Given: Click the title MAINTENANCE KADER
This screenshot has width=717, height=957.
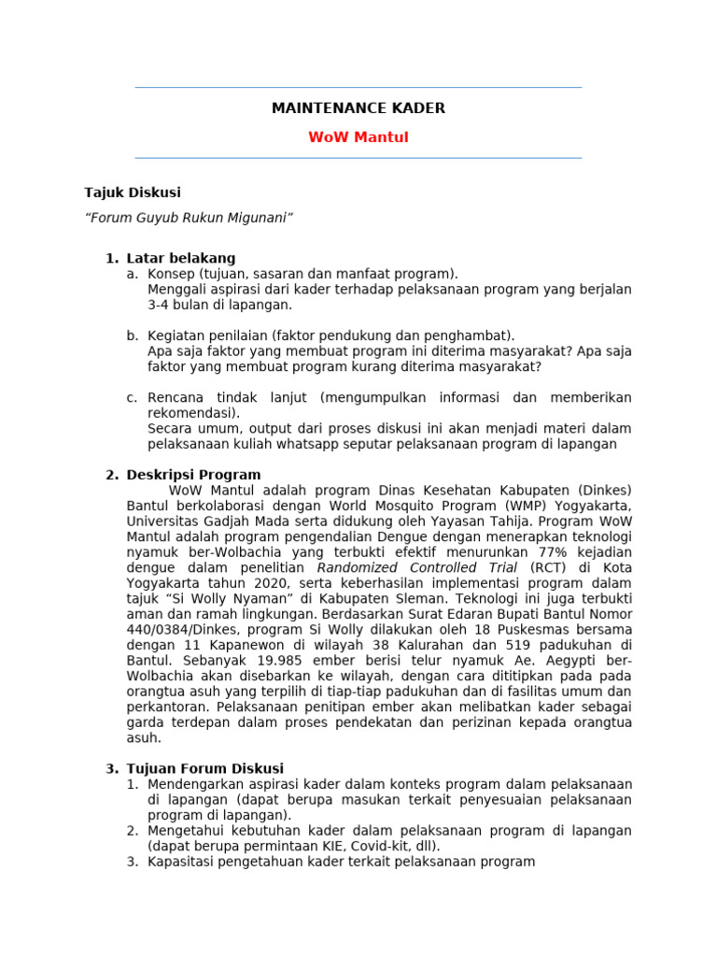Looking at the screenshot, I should click(x=358, y=108).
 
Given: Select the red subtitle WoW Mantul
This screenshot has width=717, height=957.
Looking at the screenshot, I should click(x=358, y=137).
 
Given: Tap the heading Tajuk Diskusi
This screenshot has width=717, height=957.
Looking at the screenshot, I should click(x=132, y=193).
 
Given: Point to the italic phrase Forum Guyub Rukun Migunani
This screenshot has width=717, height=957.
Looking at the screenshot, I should click(x=189, y=218).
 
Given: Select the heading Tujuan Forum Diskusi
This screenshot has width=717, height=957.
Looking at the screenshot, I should click(x=204, y=768).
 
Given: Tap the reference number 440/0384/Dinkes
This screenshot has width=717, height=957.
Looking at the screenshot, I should click(x=178, y=629).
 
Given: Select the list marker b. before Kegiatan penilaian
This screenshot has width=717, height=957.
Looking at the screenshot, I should click(x=132, y=336).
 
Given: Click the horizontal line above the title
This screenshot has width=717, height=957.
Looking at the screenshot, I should click(x=358, y=88).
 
